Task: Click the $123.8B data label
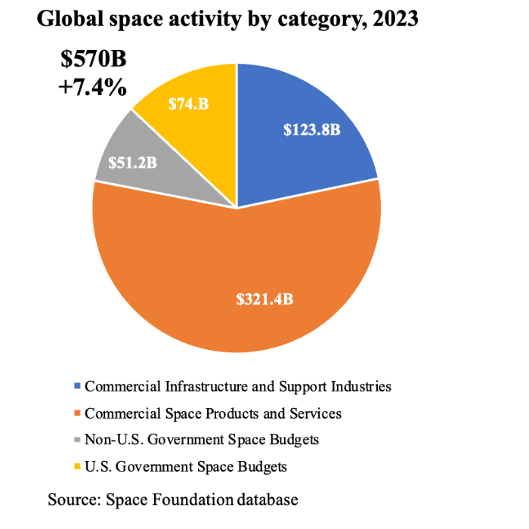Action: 312,130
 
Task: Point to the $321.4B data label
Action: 265,299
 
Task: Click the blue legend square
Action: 78,386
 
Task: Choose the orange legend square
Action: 78,413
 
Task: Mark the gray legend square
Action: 78,440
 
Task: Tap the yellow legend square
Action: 78,466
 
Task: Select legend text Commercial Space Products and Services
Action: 213,413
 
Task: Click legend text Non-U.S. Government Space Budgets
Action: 202,440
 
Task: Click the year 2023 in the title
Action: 393,19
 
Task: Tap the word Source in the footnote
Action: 73,500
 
